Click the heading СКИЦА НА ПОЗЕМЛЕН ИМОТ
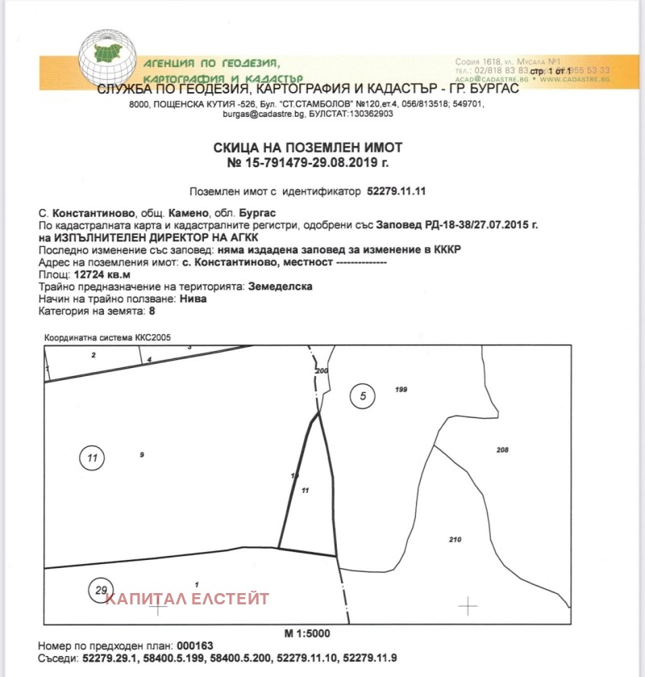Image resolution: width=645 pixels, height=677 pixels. [307, 148]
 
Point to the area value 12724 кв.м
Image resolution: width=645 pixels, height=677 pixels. [102, 274]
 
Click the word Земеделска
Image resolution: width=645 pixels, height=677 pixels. [279, 286]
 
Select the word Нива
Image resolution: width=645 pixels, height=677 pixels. [192, 299]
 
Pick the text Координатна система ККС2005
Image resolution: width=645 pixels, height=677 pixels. [107, 337]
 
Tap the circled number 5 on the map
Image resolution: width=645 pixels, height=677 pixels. [363, 395]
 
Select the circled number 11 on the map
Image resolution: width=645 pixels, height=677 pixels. [92, 458]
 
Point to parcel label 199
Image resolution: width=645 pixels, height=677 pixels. [402, 390]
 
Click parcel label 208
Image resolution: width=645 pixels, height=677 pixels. [502, 449]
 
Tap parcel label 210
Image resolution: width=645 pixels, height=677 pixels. [455, 539]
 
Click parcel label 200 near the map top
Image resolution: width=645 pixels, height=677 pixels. [322, 370]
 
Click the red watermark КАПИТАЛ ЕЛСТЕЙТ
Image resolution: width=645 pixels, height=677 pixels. [188, 599]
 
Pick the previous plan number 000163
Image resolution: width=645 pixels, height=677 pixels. [197, 647]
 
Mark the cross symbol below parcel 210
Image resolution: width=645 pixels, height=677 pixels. [468, 605]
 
